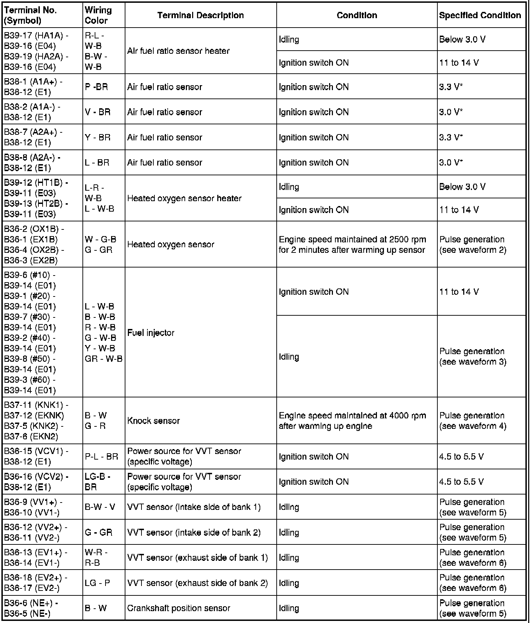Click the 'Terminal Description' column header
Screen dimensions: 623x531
[200, 15]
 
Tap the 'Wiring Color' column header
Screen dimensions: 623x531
[98, 15]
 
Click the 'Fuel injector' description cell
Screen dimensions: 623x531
[151, 333]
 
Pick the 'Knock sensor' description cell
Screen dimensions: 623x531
[153, 420]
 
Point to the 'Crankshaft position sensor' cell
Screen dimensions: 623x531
[179, 608]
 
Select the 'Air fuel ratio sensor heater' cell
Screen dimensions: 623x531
[178, 51]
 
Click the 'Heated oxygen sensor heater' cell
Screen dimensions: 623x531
[184, 198]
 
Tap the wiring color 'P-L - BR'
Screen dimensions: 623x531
[101, 456]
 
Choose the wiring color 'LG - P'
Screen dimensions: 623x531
[97, 583]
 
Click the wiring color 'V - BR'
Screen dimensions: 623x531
[97, 112]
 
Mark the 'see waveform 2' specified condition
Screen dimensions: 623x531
[473, 250]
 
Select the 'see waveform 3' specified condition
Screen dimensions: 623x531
[473, 362]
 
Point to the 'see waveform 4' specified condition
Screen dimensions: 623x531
[473, 426]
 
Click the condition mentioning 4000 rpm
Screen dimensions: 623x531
[352, 421]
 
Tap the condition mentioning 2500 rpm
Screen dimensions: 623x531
[352, 245]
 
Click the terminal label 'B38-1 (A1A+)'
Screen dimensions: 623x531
[33, 82]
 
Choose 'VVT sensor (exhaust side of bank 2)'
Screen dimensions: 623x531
[197, 583]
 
